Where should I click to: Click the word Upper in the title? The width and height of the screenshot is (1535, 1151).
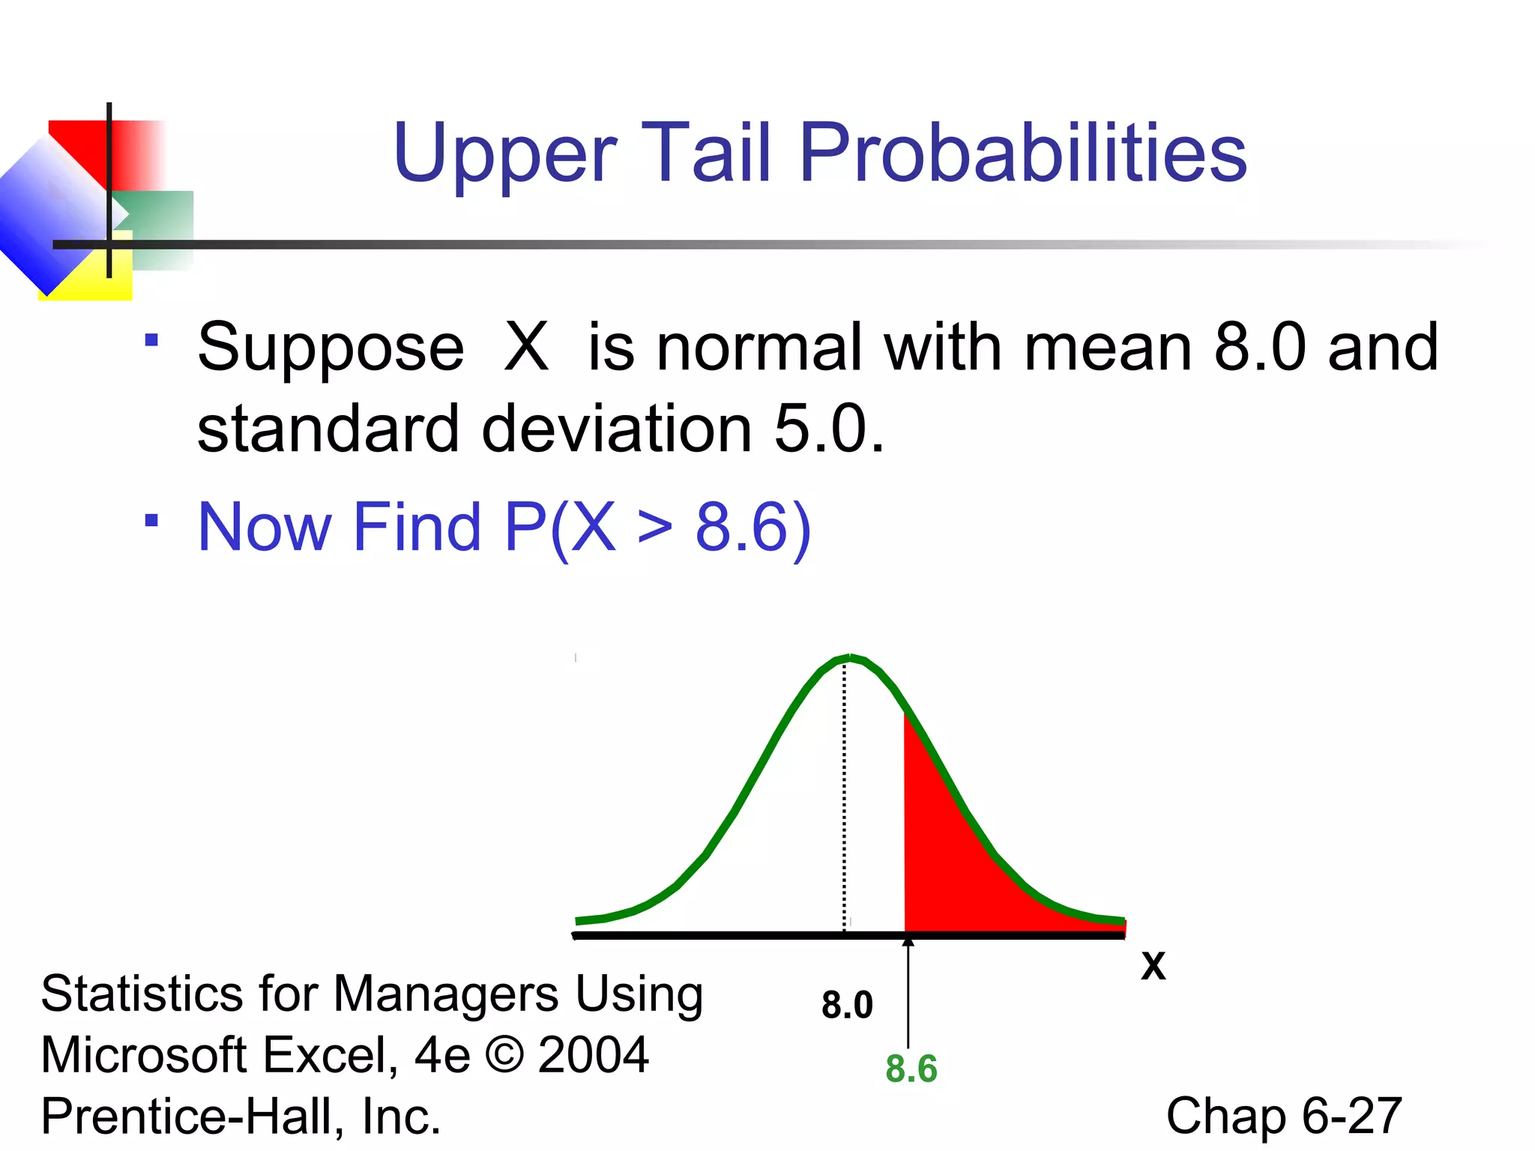click(504, 156)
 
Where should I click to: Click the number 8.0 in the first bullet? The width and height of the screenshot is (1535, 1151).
click(1259, 347)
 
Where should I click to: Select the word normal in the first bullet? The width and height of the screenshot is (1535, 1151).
click(759, 347)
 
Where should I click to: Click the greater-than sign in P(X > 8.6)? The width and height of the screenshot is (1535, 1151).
click(654, 528)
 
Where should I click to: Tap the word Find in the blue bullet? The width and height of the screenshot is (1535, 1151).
click(416, 528)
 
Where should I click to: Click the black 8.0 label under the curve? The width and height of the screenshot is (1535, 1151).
click(847, 1005)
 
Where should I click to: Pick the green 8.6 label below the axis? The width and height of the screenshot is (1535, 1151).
click(911, 1069)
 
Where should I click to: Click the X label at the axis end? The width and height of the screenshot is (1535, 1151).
click(1153, 967)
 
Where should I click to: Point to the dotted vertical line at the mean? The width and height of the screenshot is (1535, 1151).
click(845, 794)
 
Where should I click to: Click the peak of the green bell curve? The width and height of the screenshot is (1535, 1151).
click(848, 659)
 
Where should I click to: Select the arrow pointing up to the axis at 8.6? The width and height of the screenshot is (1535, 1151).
click(908, 989)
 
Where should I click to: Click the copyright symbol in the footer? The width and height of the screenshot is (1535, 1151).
click(504, 1055)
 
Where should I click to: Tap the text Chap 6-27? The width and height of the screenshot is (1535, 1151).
click(1283, 1116)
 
